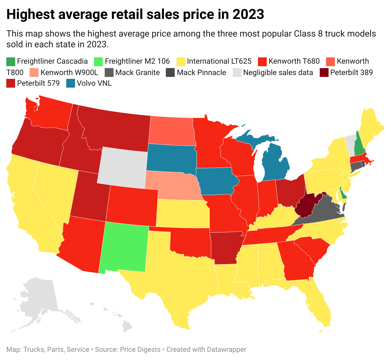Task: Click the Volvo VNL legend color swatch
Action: [x=71, y=84]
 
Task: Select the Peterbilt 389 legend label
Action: [x=351, y=73]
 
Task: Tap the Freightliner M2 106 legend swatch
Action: [x=99, y=61]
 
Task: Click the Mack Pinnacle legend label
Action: [x=201, y=73]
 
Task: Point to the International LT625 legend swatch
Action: [x=181, y=61]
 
